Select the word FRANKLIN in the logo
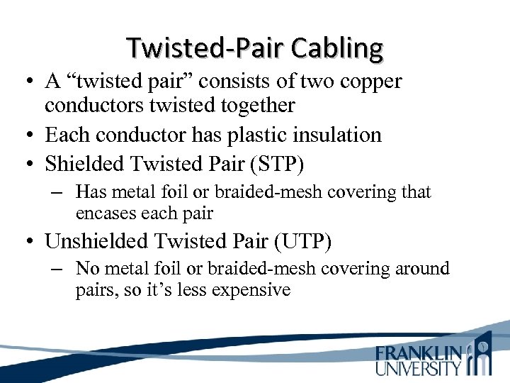(420, 353)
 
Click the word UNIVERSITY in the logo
(419, 368)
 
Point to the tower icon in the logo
(483, 355)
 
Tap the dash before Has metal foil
(59, 192)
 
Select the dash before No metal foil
(59, 269)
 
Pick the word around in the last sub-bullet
(424, 269)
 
